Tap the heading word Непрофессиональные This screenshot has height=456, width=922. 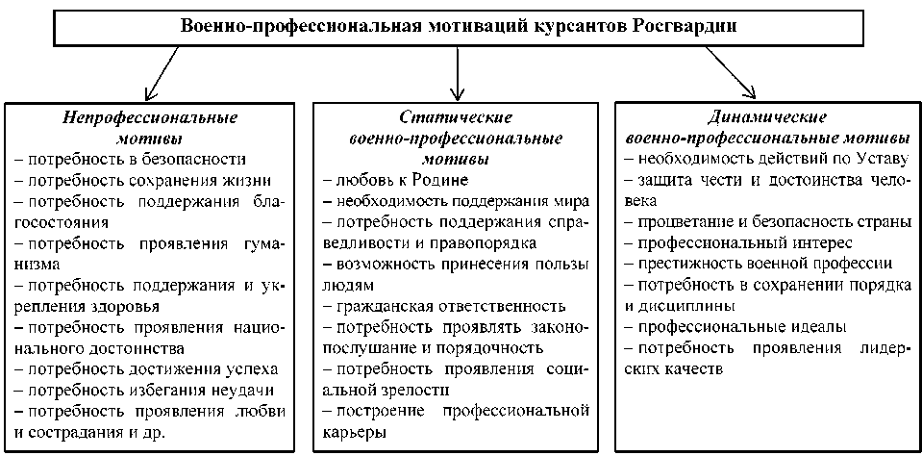(x=150, y=118)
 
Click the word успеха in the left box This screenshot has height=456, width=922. (x=249, y=368)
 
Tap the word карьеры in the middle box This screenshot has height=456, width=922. (x=356, y=432)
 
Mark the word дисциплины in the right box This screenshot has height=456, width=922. (x=670, y=306)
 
